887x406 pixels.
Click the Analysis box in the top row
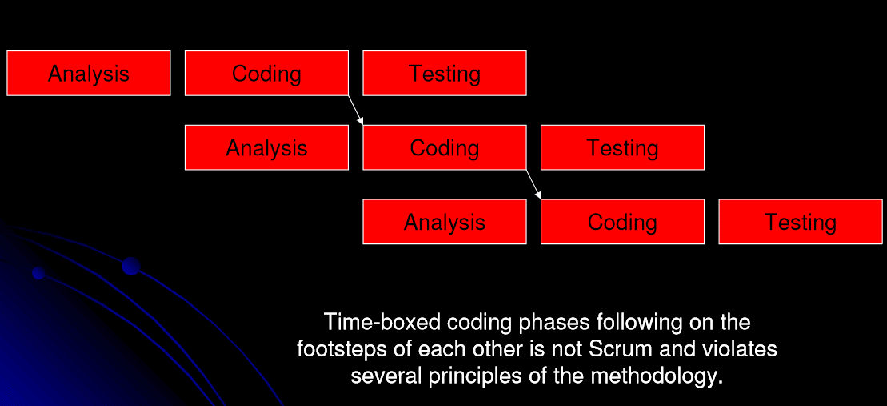tap(89, 74)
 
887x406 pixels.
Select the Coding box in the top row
tap(266, 74)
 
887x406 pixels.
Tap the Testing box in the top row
tap(445, 74)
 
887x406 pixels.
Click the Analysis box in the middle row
tap(266, 147)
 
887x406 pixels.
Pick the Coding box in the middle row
tap(445, 147)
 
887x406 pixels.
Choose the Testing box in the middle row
tap(622, 147)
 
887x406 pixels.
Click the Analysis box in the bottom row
tap(445, 222)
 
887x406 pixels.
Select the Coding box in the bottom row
tap(622, 222)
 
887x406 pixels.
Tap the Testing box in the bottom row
tap(801, 222)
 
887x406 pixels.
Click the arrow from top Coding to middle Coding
tap(356, 110)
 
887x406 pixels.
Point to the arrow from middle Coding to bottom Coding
tap(533, 184)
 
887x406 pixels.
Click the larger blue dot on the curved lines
tap(131, 267)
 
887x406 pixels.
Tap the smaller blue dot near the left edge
tap(38, 274)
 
